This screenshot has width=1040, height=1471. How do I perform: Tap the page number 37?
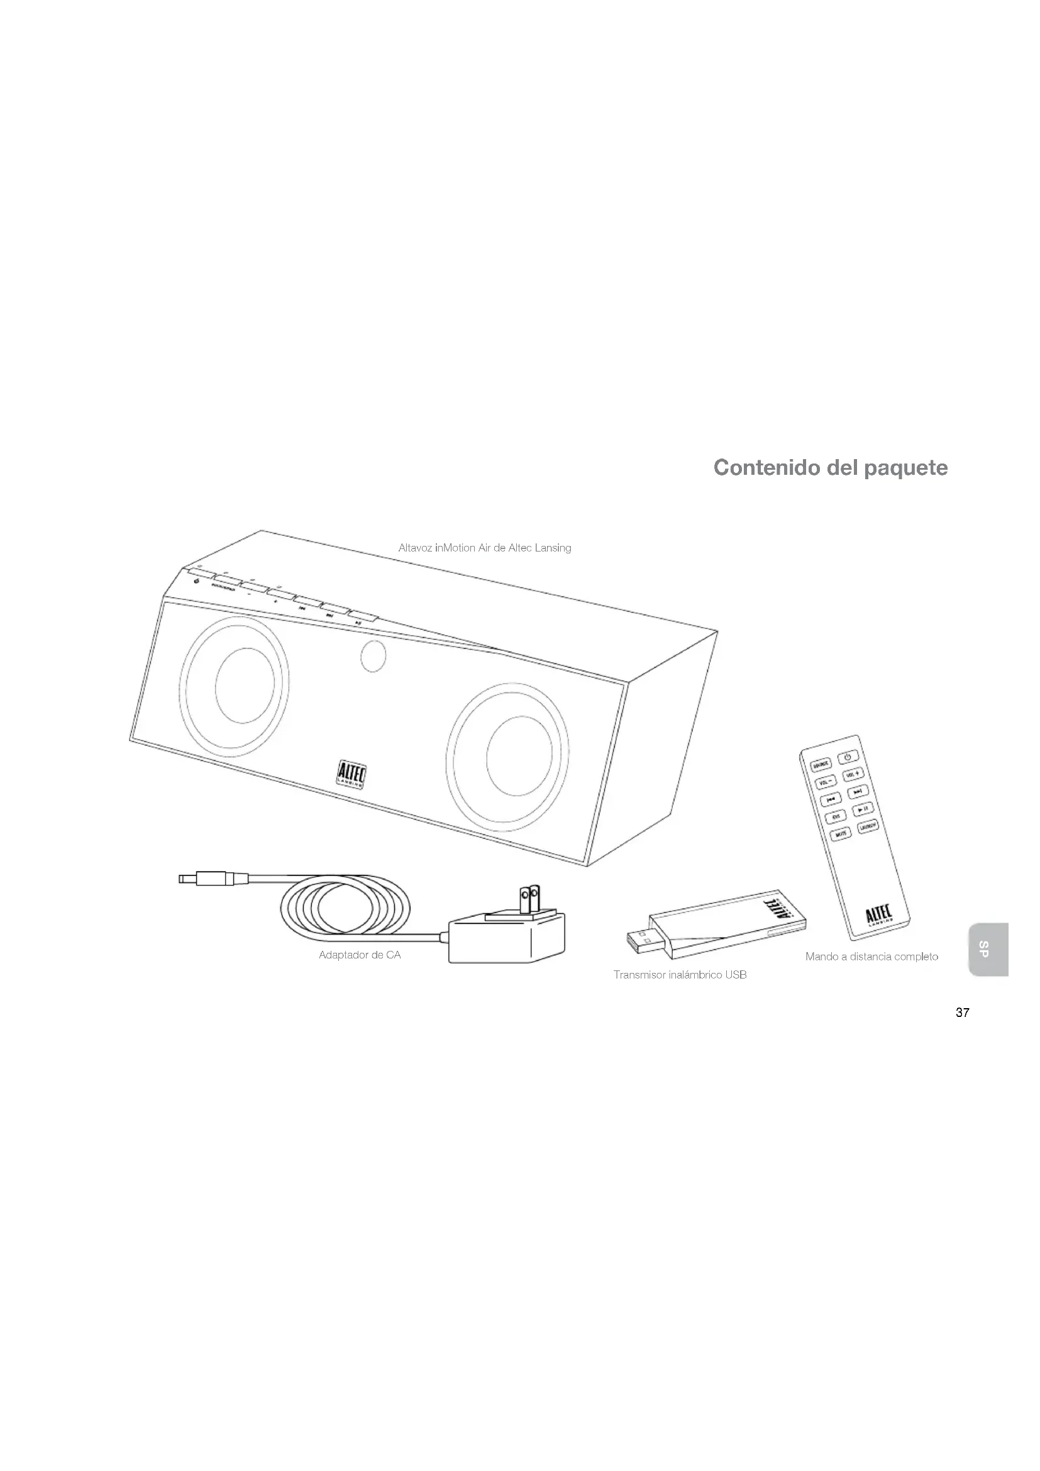962,1013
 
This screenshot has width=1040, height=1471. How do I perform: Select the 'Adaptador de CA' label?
359,955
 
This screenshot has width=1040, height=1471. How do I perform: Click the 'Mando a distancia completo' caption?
871,957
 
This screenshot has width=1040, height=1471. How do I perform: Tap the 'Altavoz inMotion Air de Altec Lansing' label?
484,548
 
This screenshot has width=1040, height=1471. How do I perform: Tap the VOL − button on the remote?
825,782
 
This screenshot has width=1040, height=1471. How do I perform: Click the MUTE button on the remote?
841,833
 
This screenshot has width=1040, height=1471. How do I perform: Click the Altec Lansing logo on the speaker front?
351,774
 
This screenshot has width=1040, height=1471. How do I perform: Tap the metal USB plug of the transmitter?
640,940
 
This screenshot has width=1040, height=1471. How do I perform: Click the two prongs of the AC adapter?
529,898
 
